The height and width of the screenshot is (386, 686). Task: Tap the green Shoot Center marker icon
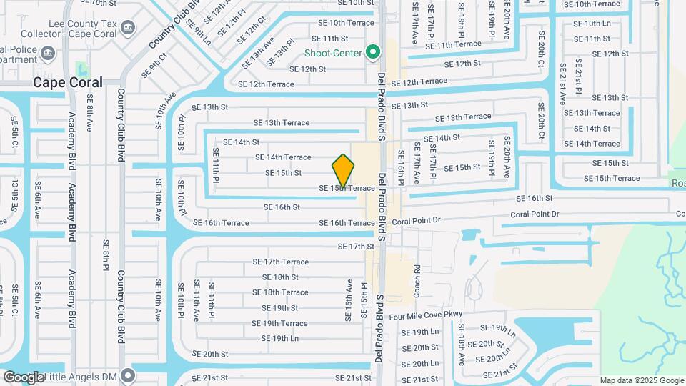pos(372,52)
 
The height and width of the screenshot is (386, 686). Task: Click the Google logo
pos(24,377)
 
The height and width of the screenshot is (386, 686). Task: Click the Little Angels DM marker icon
pos(128,375)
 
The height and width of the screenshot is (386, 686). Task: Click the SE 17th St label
pos(356,247)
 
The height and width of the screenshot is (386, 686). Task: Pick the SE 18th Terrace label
pos(280,292)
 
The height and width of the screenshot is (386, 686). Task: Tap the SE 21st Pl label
pos(578,81)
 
